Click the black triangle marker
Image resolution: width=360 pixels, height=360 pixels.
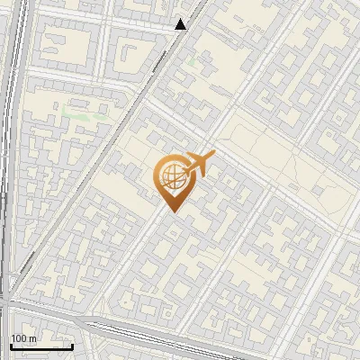click(x=181, y=24)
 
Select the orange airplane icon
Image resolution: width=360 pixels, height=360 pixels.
click(x=198, y=165)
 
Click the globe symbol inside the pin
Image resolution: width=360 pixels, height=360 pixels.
click(x=170, y=175)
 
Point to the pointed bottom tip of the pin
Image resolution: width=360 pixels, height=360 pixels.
click(x=172, y=211)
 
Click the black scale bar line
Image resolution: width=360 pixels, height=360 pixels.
click(x=41, y=346)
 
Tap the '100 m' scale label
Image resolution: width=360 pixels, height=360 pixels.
click(x=23, y=338)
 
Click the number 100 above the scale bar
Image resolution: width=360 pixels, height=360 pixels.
click(x=20, y=338)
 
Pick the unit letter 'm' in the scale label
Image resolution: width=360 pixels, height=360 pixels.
click(x=32, y=338)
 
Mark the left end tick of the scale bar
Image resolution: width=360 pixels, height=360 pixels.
click(x=11, y=345)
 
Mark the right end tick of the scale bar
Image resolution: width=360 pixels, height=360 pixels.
click(x=72, y=345)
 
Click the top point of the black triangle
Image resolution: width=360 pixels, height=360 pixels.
click(x=181, y=19)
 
